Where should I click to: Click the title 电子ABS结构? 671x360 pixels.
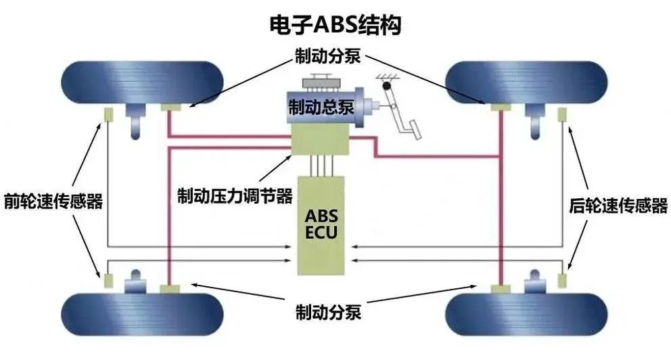[335, 25]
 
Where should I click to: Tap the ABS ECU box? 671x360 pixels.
[321, 225]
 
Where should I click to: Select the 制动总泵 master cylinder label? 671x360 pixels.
[321, 107]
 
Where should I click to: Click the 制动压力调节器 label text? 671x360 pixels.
[235, 196]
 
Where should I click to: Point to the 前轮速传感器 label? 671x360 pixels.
[53, 201]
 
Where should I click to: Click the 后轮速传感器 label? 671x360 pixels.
[618, 206]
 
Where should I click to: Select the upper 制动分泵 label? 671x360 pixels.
[328, 56]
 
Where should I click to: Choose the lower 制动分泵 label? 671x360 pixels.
[328, 312]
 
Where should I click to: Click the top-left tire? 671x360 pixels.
[142, 82]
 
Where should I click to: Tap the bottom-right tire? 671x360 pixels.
[526, 315]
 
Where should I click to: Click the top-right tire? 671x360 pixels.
[526, 82]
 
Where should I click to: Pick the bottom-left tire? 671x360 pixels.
[142, 315]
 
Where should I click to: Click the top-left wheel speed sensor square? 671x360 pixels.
[108, 115]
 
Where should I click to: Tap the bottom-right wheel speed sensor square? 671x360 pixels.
[562, 280]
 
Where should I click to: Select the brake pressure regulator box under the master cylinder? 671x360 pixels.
[320, 140]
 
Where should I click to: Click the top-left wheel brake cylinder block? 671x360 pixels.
[170, 107]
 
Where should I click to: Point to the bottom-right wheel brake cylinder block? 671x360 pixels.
[501, 289]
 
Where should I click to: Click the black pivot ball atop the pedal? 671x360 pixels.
[387, 86]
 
